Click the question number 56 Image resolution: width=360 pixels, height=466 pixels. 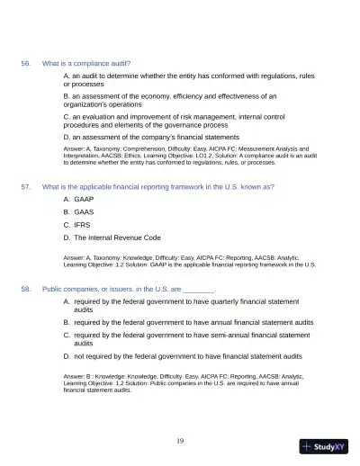[26, 64]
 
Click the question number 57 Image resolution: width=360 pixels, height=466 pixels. [26, 187]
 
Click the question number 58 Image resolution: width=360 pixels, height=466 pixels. [26, 290]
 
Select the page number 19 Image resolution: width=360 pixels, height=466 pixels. [180, 440]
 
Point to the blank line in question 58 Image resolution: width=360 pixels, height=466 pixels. [199, 291]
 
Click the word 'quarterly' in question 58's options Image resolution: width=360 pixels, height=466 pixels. [218, 302]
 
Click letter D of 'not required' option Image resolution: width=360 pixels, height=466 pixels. [67, 356]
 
